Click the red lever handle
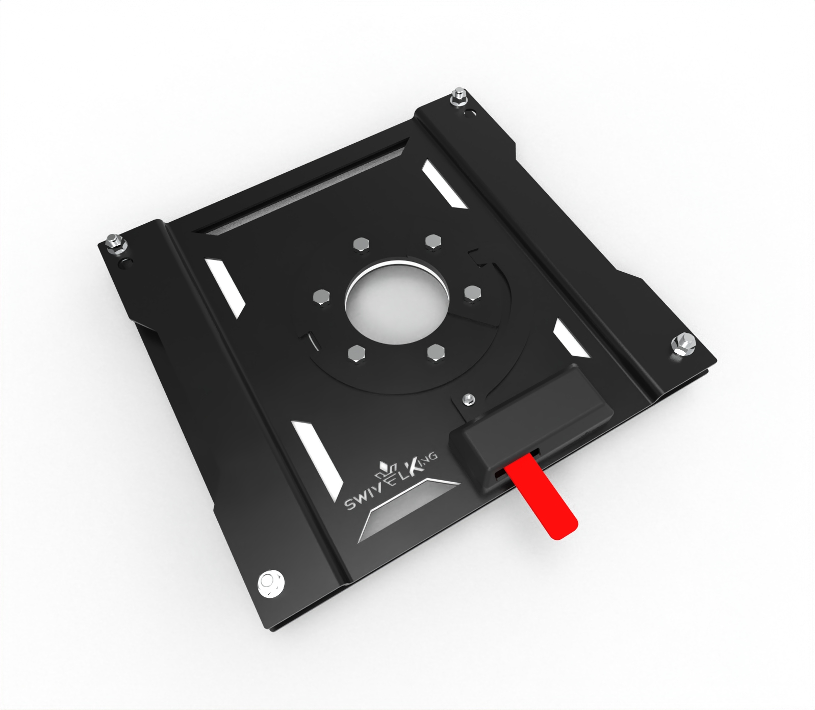(542, 497)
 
